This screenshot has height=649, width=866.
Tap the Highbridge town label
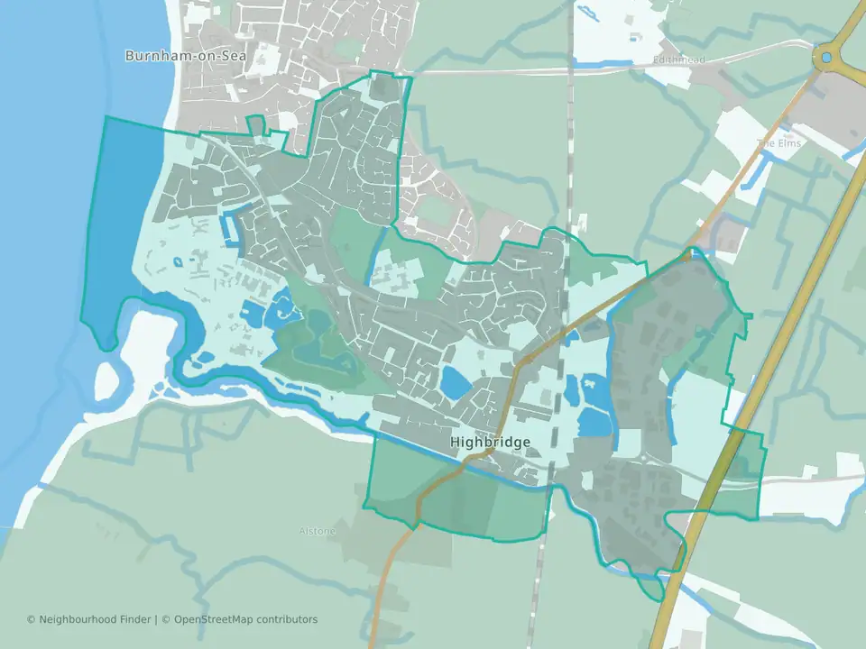(490, 443)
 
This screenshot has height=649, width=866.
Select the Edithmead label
(678, 60)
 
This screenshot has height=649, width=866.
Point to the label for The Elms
(778, 143)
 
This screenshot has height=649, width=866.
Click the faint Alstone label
(317, 531)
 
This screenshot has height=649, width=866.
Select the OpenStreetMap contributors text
(245, 619)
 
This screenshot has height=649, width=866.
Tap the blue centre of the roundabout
(826, 58)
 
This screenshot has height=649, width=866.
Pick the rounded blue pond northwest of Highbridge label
(456, 383)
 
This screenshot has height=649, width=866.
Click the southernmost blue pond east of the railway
(594, 422)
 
